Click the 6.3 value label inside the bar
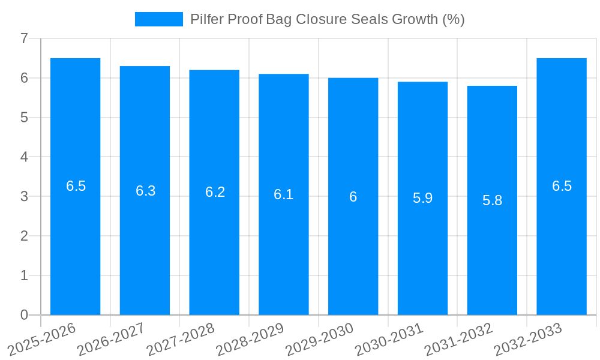coord(145,191)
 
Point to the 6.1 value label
coord(284,194)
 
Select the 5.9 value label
coord(422,198)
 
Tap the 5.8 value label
coord(492,200)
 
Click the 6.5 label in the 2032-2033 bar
coord(562,186)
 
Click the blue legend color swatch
coord(158,19)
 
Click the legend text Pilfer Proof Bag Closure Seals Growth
coord(327,19)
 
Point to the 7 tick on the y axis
coord(24,38)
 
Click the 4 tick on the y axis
coord(24,157)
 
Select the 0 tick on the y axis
coord(24,315)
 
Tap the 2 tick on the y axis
coord(24,236)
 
